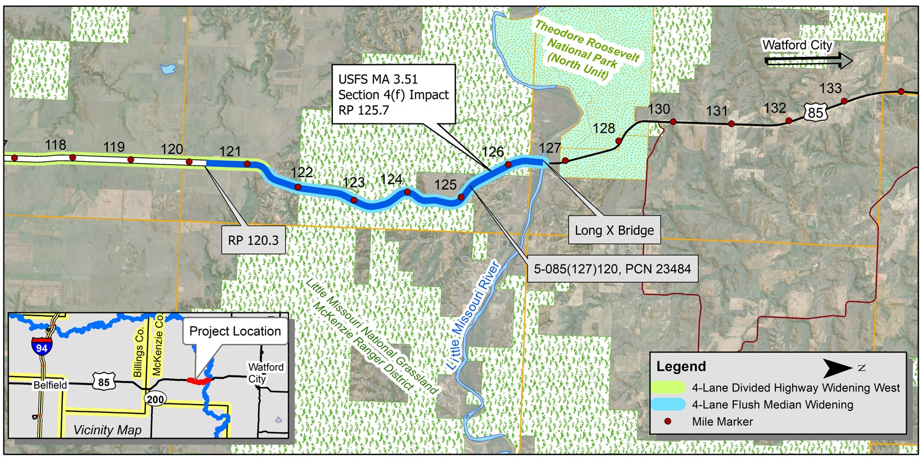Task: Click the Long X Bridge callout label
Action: [614, 230]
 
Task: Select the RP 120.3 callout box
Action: [253, 240]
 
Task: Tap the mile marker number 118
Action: [55, 145]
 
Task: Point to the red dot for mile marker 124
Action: [407, 192]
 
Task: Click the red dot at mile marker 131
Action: [731, 124]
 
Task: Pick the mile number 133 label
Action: [830, 89]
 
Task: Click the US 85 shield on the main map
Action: [815, 112]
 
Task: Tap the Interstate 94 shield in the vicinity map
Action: [42, 347]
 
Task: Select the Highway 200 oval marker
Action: [155, 400]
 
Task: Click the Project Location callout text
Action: [235, 331]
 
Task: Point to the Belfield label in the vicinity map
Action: [50, 385]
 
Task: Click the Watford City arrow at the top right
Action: [808, 61]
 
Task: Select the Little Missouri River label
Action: [473, 315]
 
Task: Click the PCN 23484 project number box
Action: [612, 269]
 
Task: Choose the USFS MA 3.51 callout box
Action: [393, 94]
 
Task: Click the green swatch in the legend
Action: [668, 388]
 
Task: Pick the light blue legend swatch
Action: [668, 405]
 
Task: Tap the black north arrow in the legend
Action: [837, 368]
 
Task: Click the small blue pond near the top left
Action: [168, 69]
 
